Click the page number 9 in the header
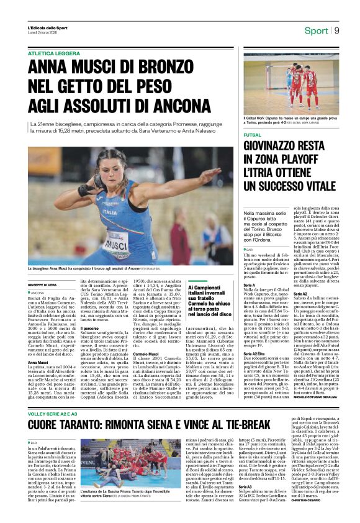pos(336,30)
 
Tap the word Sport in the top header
pos(316,30)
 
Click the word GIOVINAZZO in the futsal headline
pos(276,147)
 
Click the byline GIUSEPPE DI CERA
pos(44,286)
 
